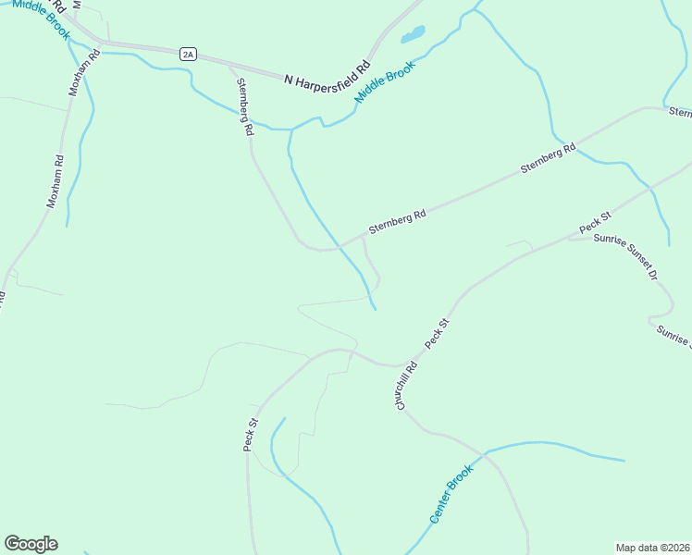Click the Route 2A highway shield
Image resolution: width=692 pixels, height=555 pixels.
(189, 55)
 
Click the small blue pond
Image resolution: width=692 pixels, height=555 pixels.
(412, 36)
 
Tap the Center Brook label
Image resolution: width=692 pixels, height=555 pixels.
(451, 494)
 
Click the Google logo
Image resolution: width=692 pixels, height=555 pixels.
(31, 544)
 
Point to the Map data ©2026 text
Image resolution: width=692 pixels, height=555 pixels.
(651, 547)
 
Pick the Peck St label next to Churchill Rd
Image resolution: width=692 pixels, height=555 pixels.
(437, 334)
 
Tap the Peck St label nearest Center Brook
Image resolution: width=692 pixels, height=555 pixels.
(250, 435)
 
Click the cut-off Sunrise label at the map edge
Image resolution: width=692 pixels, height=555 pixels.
(673, 336)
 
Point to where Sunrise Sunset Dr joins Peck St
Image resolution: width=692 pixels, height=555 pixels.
(568, 238)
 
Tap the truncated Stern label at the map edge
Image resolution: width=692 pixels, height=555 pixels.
(680, 112)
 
